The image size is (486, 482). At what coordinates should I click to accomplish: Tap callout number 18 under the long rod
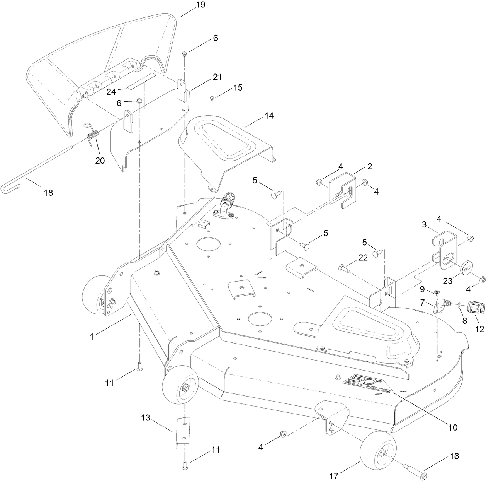[48, 192]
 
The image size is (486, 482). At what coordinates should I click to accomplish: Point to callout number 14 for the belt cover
[268, 116]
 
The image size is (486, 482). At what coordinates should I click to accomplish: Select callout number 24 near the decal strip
[111, 92]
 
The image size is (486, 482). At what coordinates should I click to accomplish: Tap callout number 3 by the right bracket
[424, 225]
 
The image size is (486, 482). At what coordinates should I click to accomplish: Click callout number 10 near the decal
[452, 427]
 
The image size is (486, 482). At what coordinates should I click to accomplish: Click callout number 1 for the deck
[92, 337]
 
